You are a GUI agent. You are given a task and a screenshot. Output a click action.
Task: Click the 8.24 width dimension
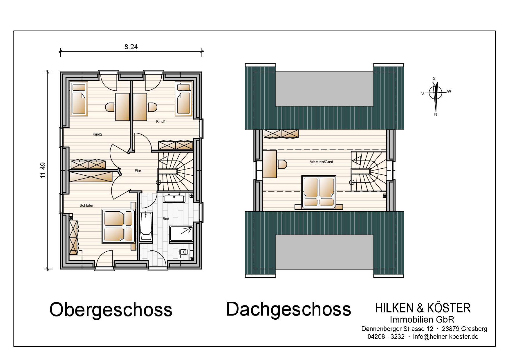pos(131,47)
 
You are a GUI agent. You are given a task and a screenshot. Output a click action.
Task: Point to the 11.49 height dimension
pos(43,170)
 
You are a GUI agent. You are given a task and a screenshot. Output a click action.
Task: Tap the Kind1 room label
pos(161,121)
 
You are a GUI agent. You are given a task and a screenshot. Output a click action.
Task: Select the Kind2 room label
pos(98,134)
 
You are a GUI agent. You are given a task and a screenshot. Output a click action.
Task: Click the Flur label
pos(138,171)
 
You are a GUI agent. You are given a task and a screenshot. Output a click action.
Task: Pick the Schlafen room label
pos(87,205)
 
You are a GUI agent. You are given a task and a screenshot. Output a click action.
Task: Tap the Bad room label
pos(166,219)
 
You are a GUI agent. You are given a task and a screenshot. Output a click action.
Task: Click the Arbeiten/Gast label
pos(321,162)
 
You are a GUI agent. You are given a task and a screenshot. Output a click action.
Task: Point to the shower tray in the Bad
pos(181,234)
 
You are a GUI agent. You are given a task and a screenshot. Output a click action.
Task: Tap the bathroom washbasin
pos(174,199)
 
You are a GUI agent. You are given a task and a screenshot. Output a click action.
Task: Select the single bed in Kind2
pos(79,99)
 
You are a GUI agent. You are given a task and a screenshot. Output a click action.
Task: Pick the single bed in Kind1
pos(184,99)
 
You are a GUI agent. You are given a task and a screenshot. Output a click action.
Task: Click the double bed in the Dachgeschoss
pos(319,192)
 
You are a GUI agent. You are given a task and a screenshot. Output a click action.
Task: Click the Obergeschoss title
pos(111,310)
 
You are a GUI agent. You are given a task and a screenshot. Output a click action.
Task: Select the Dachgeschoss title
pos(288,309)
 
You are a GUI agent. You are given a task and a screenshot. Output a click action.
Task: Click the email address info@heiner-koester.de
pos(446,337)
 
